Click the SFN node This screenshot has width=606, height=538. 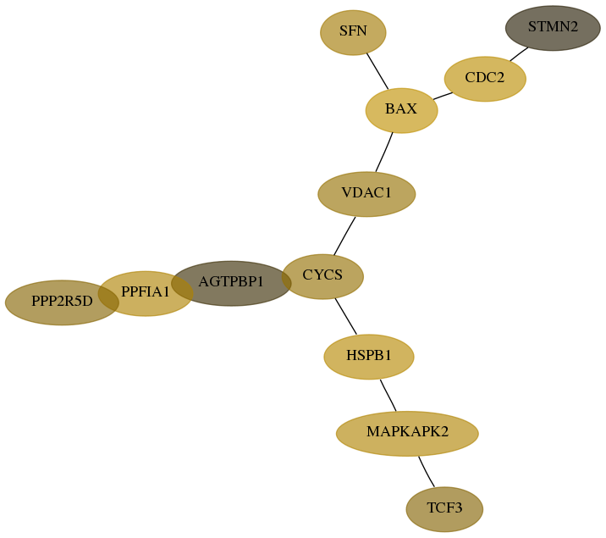(353, 32)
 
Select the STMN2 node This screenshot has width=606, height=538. (553, 28)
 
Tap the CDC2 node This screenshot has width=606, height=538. (485, 79)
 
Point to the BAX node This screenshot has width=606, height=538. (401, 111)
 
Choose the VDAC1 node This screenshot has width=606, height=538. (366, 194)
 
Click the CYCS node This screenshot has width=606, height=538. (322, 276)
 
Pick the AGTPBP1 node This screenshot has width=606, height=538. (231, 284)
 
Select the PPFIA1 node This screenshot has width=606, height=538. (146, 293)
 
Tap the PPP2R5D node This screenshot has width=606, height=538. (62, 302)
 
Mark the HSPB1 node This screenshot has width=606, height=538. (369, 357)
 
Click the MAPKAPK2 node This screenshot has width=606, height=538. (407, 434)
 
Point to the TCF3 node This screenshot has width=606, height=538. (444, 509)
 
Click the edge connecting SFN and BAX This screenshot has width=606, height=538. (377, 71)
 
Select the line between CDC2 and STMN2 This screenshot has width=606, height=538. (519, 54)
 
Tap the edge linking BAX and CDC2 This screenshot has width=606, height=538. (443, 96)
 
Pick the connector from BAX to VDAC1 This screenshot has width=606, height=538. (384, 152)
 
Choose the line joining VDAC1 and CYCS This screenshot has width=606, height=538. (344, 236)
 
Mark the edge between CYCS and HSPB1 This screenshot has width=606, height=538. (346, 316)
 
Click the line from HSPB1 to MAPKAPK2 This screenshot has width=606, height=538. (388, 396)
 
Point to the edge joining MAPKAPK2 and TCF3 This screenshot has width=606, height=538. (426, 472)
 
